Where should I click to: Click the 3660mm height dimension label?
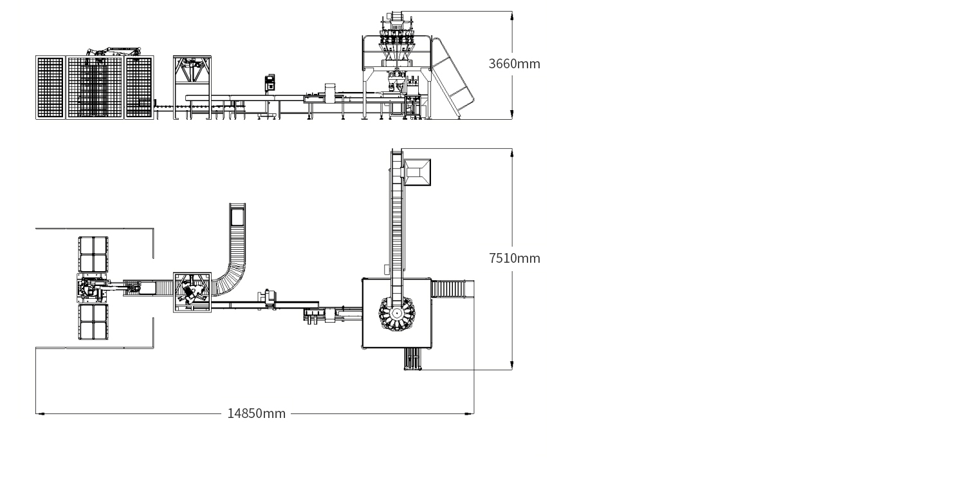514,64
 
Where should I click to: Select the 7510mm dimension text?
514,258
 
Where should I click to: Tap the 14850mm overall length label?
256,413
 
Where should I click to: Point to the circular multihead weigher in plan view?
397,314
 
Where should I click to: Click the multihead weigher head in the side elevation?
396,39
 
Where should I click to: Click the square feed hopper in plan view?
418,173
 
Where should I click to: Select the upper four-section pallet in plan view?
93,254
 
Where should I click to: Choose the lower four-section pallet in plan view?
93,321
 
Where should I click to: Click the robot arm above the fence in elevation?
113,52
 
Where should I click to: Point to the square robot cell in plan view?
192,292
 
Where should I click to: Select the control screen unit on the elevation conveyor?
270,82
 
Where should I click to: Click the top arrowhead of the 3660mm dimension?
512,15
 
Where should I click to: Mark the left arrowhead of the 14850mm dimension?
39,413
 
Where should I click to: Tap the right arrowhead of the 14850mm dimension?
470,413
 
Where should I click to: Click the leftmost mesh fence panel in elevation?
50,88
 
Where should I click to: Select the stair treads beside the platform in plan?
452,289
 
